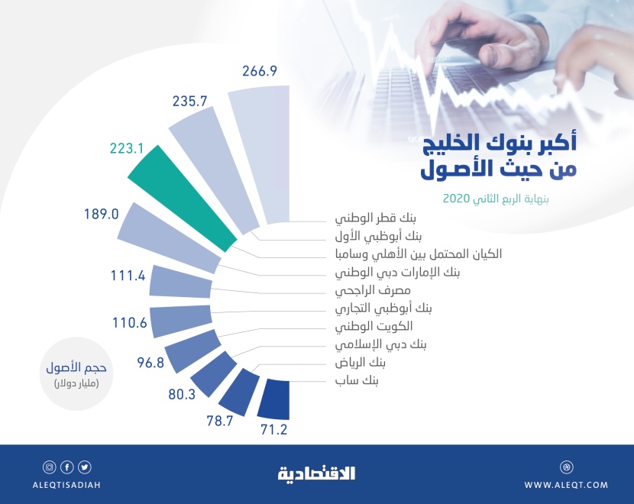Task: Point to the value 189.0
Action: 101,214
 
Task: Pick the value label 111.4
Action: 128,276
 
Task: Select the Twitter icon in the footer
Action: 85,467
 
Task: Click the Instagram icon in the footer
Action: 49,467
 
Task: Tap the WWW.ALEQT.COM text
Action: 566,485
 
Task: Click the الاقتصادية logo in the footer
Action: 316,474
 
